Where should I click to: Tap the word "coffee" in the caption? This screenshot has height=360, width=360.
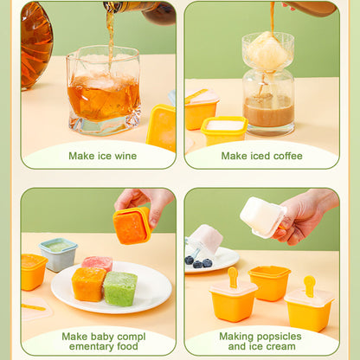[283, 157]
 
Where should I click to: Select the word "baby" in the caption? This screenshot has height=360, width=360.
[111, 336]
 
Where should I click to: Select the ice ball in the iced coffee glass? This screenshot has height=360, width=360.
[267, 54]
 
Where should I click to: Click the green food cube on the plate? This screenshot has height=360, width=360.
[121, 288]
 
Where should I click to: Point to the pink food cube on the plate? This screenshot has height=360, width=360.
[97, 263]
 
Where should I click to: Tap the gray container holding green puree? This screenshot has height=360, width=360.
[58, 254]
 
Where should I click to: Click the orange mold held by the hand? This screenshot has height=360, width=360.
[132, 225]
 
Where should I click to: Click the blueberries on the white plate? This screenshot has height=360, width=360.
[198, 262]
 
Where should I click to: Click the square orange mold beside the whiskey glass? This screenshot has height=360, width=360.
[162, 126]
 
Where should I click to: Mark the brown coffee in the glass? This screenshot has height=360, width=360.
[267, 111]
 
